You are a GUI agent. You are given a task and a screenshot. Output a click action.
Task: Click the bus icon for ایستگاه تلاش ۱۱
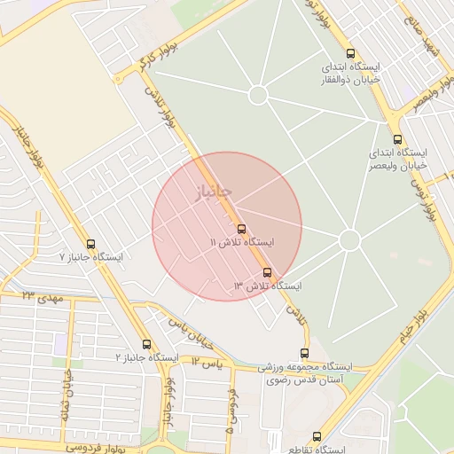241,229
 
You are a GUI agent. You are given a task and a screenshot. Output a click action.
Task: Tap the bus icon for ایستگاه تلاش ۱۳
268,273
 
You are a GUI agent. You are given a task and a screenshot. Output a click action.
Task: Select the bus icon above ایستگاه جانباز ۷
90,244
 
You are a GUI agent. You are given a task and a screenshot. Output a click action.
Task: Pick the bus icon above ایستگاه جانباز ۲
146,344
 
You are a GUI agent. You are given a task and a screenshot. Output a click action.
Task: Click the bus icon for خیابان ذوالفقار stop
350,53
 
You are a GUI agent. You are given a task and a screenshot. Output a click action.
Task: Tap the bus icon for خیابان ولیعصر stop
396,139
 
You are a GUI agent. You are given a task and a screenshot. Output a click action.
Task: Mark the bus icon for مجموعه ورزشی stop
305,353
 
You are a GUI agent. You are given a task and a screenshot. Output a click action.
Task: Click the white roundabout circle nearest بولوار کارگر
258,95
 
